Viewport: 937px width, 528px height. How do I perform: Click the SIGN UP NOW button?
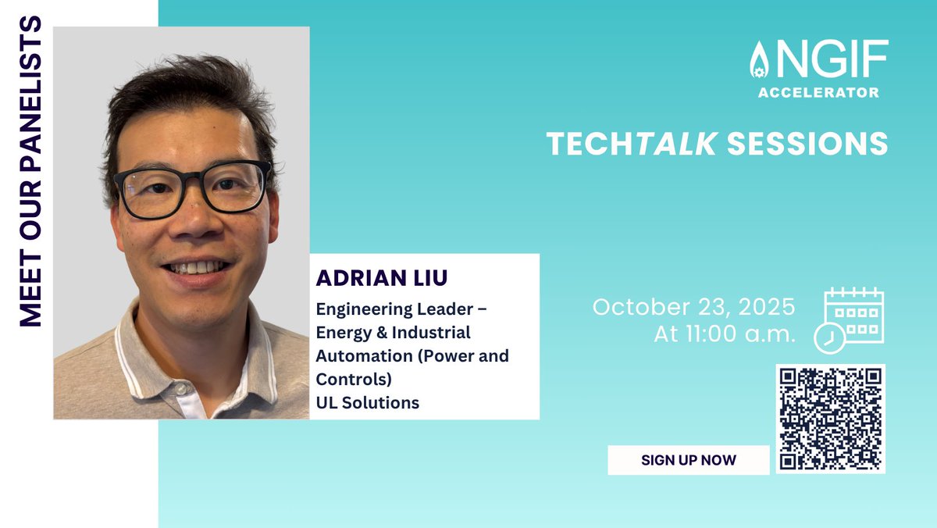pos(688,460)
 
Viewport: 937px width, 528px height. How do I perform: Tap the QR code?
pos(831,419)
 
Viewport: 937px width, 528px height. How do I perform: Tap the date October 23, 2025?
pos(693,306)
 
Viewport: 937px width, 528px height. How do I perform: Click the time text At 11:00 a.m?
pos(725,334)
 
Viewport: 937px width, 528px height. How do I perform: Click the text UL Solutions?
pos(368,403)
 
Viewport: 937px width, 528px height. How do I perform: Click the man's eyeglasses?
pos(192,190)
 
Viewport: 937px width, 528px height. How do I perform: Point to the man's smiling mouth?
pos(197,268)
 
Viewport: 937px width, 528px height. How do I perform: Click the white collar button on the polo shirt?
pos(181,388)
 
